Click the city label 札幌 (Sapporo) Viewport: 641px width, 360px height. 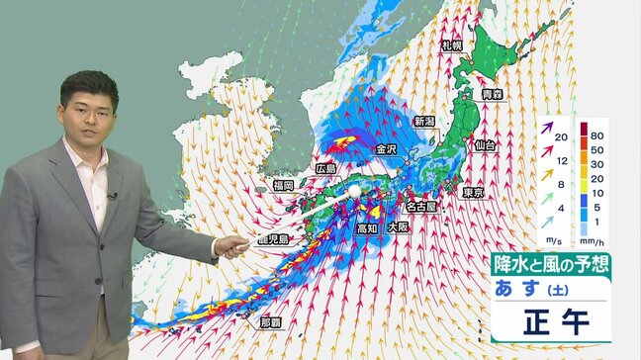click(x=452, y=45)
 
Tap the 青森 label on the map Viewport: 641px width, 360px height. click(x=493, y=95)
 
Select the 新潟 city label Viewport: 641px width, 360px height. click(x=424, y=121)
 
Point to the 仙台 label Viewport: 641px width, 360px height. click(x=486, y=145)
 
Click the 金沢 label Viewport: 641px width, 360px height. click(x=387, y=149)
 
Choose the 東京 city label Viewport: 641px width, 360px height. click(x=474, y=192)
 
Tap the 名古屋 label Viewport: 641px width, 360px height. click(x=423, y=208)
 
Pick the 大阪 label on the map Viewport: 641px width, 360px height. click(x=398, y=226)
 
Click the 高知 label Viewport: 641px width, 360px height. click(x=367, y=228)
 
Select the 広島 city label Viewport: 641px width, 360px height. click(x=326, y=169)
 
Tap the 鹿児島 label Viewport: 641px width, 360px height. click(x=270, y=239)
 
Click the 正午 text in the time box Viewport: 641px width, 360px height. click(x=551, y=325)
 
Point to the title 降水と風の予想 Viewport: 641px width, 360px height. click(x=550, y=266)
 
